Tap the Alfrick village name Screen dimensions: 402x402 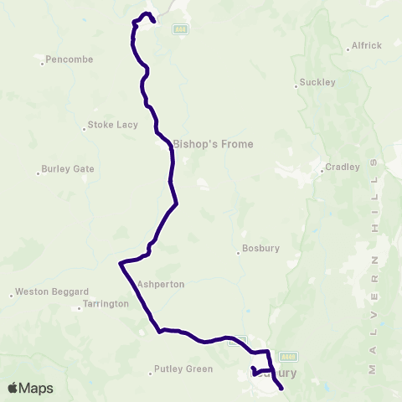click(x=367, y=45)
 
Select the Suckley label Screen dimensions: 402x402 click(x=317, y=83)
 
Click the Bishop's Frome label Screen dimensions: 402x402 click(x=213, y=144)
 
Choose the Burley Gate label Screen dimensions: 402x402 click(x=68, y=168)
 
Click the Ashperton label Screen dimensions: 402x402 click(x=160, y=285)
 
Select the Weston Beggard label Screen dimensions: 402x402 click(x=52, y=291)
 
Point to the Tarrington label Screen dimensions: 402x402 click(x=105, y=304)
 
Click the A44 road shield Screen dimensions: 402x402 click(x=179, y=28)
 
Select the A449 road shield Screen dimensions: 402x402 click(x=289, y=356)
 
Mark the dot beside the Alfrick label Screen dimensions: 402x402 click(x=348, y=49)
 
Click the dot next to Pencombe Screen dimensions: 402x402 click(x=43, y=60)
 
